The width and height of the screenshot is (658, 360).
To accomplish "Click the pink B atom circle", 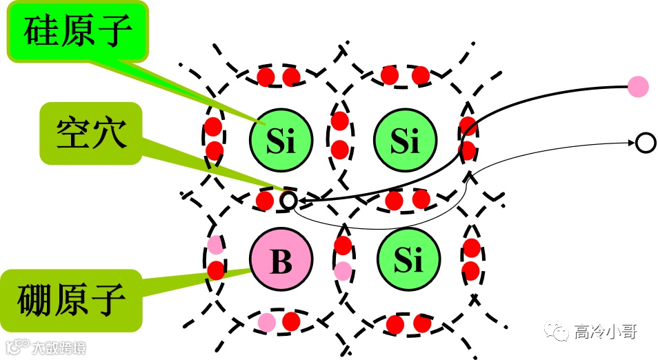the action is tap(281, 261).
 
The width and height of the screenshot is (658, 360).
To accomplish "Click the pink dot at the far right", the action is tap(638, 87).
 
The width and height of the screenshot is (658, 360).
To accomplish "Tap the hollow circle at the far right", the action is tap(645, 143).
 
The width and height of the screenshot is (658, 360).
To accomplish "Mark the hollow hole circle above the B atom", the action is tap(289, 201).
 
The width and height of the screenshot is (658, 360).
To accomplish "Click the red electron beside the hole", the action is tap(265, 201).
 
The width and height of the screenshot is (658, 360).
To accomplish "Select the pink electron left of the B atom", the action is tap(215, 245).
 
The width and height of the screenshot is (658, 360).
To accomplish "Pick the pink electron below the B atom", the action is tap(266, 321).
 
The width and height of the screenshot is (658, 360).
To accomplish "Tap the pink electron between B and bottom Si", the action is tap(343, 270).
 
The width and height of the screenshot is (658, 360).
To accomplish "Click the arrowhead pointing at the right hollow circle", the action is tap(630, 143).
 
